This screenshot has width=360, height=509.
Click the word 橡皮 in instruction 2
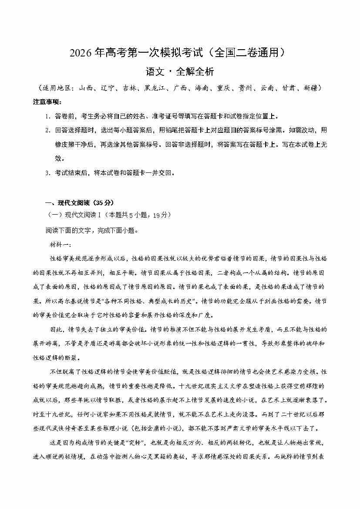(x=61, y=145)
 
